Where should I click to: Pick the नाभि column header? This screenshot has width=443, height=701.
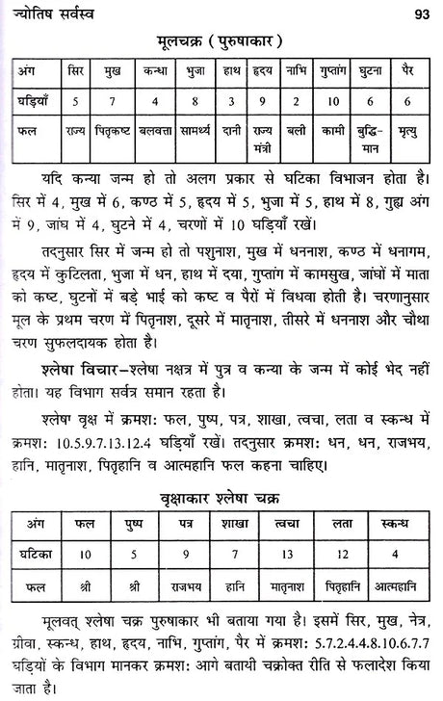click(296, 71)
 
